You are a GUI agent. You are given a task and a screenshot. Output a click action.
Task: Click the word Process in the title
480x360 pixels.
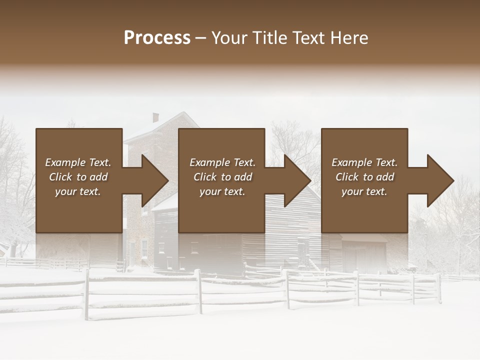(157, 38)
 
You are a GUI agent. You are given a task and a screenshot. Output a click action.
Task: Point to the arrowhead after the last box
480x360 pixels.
(439, 180)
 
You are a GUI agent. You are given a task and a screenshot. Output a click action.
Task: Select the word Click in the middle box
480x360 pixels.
(205, 177)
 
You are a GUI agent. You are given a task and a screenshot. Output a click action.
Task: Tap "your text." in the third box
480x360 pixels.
(364, 191)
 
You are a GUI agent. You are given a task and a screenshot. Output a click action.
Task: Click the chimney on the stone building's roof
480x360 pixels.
(155, 118)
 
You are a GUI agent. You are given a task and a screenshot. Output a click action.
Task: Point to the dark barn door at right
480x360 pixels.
(365, 257)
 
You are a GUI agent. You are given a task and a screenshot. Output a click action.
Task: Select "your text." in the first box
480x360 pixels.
(77, 191)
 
